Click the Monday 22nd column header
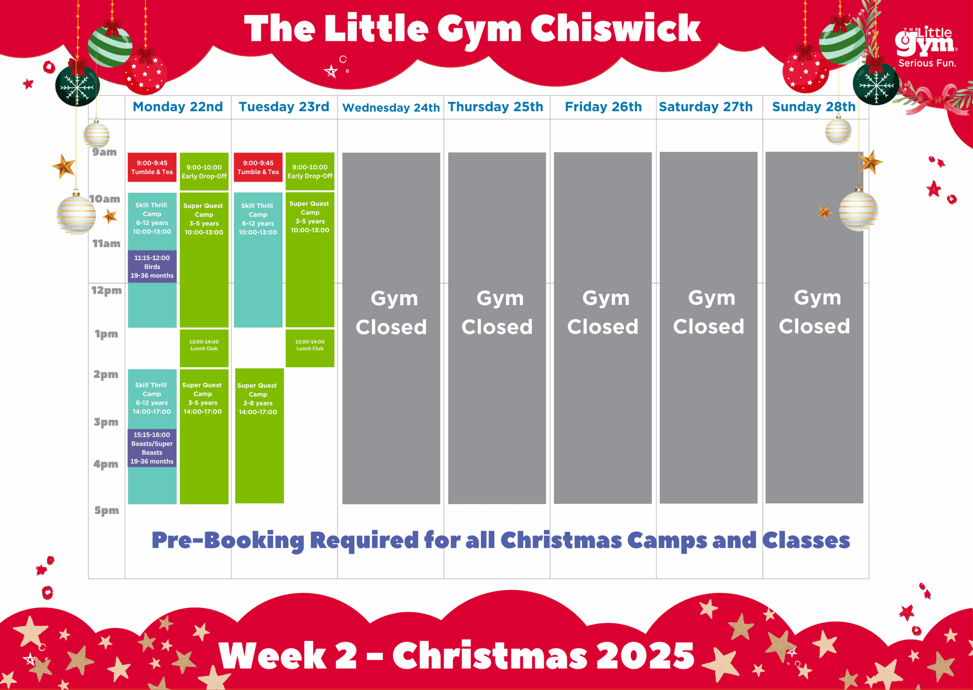coord(178,107)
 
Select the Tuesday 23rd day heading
coord(284,107)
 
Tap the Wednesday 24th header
coord(391,107)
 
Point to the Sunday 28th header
coord(813,107)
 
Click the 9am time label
coord(104,152)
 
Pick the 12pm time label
coord(106,290)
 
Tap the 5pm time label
coord(106,511)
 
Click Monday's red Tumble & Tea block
coord(152,167)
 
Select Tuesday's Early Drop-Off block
coord(310,171)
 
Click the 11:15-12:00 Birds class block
coord(152,267)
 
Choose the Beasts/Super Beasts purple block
coord(152,448)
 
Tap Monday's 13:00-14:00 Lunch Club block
coord(204,348)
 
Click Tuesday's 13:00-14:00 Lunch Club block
coord(310,348)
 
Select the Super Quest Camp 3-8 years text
coord(257,399)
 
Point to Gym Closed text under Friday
coord(603,312)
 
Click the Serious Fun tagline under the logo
coord(927,63)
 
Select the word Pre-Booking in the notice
coord(228,540)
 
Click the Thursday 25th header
coord(496,107)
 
